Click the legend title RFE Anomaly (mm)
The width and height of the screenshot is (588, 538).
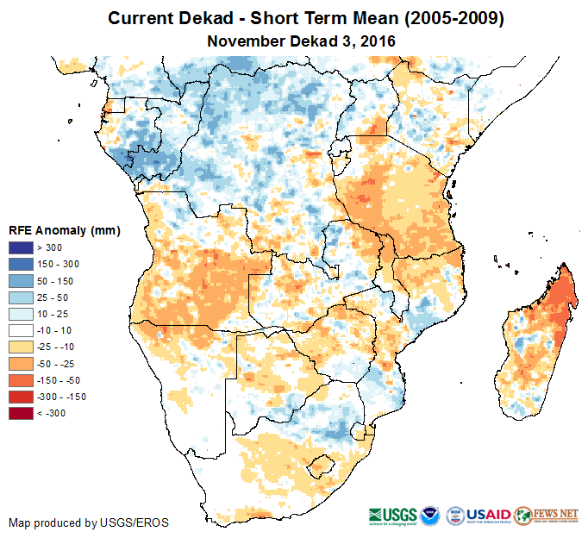(64, 231)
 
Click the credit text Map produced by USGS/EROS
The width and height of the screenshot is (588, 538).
(88, 522)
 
